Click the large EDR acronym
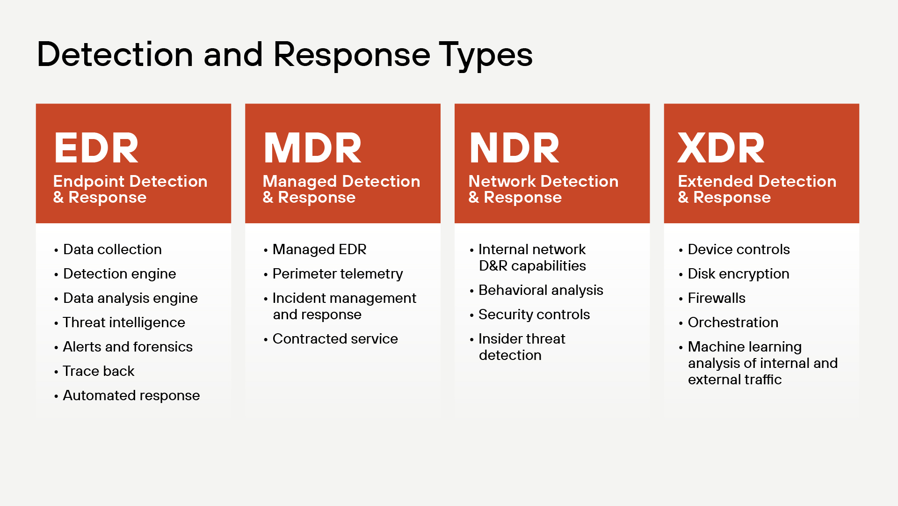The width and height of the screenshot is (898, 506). point(96,148)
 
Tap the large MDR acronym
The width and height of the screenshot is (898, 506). point(312,148)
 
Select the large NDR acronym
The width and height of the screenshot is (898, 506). point(514,148)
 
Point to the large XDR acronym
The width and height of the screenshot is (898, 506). point(721,148)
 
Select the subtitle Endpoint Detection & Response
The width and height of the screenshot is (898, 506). point(130,189)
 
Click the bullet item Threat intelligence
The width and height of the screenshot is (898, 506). point(124,323)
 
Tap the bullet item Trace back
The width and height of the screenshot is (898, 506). point(99,371)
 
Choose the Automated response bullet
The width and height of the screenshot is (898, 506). point(131,396)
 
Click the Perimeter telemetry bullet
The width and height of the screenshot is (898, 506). point(337,274)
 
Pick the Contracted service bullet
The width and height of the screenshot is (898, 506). point(335,339)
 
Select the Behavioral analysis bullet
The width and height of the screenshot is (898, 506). point(541,290)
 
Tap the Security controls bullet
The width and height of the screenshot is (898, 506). point(534,315)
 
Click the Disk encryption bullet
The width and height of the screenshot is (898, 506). point(739,274)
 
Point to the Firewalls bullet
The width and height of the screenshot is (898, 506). point(717,298)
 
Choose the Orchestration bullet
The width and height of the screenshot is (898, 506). point(733,323)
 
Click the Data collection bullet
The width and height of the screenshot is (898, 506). point(112,249)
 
